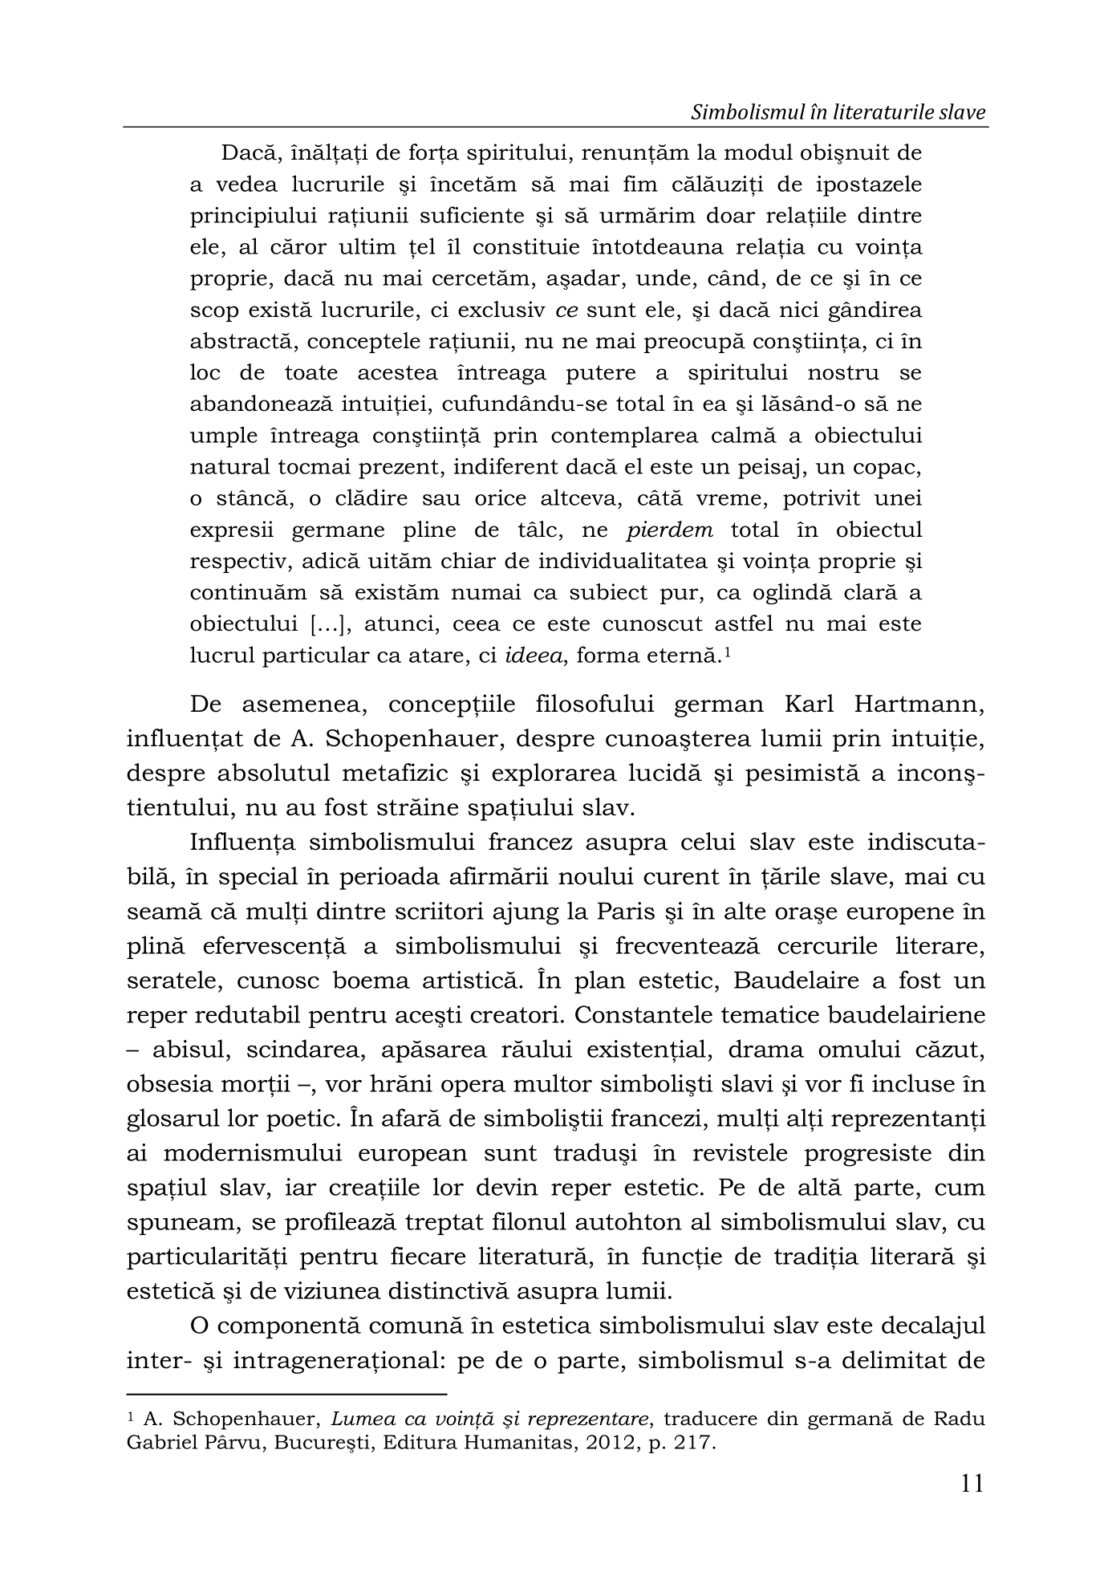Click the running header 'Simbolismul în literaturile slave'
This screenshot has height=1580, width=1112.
tap(838, 113)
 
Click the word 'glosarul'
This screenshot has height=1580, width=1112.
tap(171, 1119)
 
